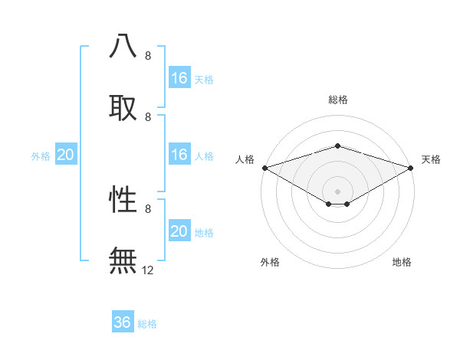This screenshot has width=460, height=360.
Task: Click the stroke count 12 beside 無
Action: (x=148, y=270)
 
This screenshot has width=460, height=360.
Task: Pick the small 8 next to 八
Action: (x=148, y=56)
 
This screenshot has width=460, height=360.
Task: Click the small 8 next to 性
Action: (x=148, y=208)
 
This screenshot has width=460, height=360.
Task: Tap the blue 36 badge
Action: (x=123, y=322)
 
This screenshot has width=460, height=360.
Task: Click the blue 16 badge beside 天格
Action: (x=179, y=78)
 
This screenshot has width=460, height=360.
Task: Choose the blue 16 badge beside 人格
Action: (x=179, y=155)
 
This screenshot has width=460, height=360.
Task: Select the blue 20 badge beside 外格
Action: (x=66, y=155)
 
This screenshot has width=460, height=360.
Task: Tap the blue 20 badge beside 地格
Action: (x=179, y=231)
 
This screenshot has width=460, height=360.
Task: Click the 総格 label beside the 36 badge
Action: (x=147, y=324)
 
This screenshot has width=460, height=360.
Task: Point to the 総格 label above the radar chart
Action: (x=337, y=100)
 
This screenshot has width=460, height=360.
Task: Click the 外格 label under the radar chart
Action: (x=270, y=263)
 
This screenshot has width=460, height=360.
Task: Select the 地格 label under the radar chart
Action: (x=402, y=263)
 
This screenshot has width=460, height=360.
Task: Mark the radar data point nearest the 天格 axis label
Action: (x=411, y=167)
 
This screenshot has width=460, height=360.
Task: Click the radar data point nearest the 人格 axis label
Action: (x=264, y=167)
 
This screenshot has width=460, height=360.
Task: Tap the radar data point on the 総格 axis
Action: (x=337, y=146)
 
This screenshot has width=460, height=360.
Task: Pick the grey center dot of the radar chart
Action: (x=337, y=191)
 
